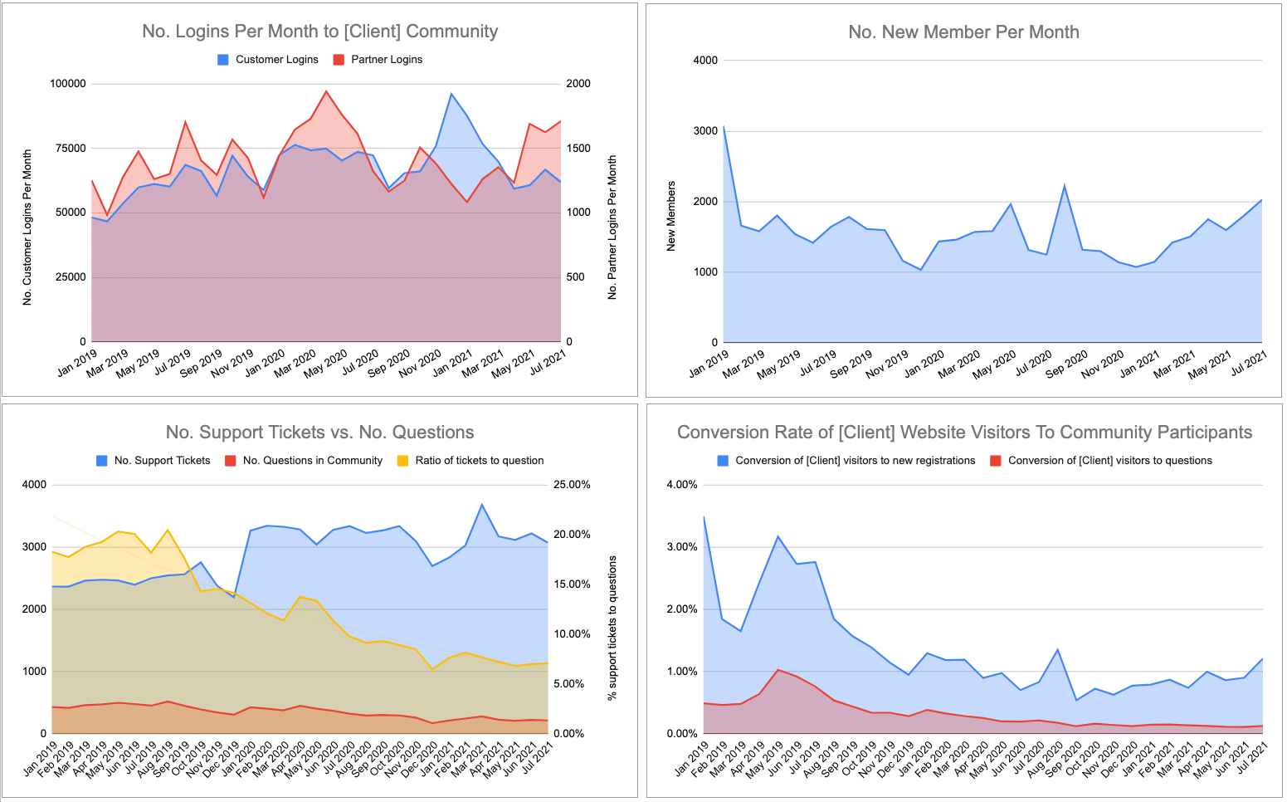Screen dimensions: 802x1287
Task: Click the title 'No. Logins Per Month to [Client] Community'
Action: click(319, 32)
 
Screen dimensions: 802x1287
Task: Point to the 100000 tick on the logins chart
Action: click(68, 84)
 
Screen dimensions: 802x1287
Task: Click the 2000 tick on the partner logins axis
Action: click(578, 84)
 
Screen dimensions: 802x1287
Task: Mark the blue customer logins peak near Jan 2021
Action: click(451, 94)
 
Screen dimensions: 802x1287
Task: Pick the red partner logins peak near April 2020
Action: click(326, 91)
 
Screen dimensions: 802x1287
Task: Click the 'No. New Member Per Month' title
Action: click(963, 32)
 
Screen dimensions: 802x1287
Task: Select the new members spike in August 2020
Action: click(1064, 186)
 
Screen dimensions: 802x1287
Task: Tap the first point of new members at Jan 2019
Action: click(724, 127)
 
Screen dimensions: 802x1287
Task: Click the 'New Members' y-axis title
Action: click(671, 216)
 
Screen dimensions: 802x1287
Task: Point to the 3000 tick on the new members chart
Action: click(705, 131)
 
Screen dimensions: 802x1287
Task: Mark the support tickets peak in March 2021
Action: click(481, 505)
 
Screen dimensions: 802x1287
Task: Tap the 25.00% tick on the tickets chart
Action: click(572, 485)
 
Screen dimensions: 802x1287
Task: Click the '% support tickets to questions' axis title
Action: click(612, 628)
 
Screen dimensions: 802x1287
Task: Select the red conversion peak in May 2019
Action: click(778, 669)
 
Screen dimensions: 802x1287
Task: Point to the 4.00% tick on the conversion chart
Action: click(682, 485)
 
